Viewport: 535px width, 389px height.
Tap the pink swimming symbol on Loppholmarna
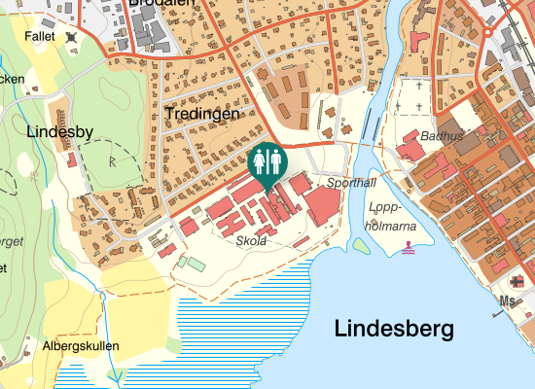[407, 248]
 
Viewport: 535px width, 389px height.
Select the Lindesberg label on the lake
[394, 329]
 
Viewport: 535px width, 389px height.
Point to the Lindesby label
[59, 130]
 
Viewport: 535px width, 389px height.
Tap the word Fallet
[40, 34]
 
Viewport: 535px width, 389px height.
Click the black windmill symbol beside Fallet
[71, 37]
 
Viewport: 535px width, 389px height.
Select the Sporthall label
[350, 183]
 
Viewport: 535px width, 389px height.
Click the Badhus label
[442, 136]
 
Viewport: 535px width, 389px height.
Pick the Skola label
[251, 240]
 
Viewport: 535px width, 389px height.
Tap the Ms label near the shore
[507, 301]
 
